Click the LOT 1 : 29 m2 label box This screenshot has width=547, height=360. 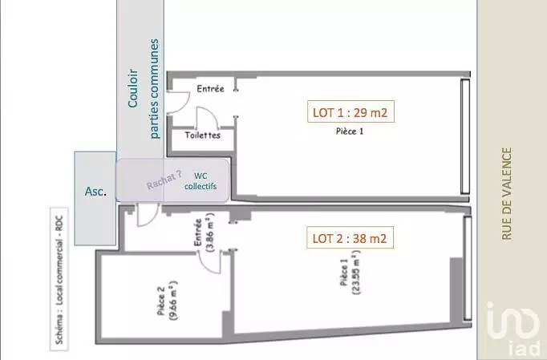pyautogui.click(x=350, y=112)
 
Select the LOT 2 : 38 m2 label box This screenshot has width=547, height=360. pyautogui.click(x=350, y=238)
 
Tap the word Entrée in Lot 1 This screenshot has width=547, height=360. pyautogui.click(x=210, y=88)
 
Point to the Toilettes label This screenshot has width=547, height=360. pyautogui.click(x=203, y=135)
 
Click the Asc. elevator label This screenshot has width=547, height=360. pyautogui.click(x=95, y=191)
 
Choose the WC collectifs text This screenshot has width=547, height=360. pyautogui.click(x=201, y=181)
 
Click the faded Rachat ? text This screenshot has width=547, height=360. pyautogui.click(x=164, y=180)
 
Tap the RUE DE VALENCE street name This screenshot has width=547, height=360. pyautogui.click(x=507, y=194)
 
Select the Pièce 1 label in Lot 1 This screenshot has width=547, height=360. pyautogui.click(x=350, y=131)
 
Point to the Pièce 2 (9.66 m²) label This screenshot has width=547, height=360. pyautogui.click(x=168, y=300)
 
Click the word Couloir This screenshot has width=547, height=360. pyautogui.click(x=133, y=88)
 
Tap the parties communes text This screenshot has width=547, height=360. pyautogui.click(x=154, y=89)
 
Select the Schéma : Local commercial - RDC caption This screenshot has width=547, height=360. pyautogui.click(x=59, y=280)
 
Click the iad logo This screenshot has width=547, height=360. pyautogui.click(x=513, y=327)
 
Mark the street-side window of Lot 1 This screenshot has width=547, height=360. pyautogui.click(x=465, y=136)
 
